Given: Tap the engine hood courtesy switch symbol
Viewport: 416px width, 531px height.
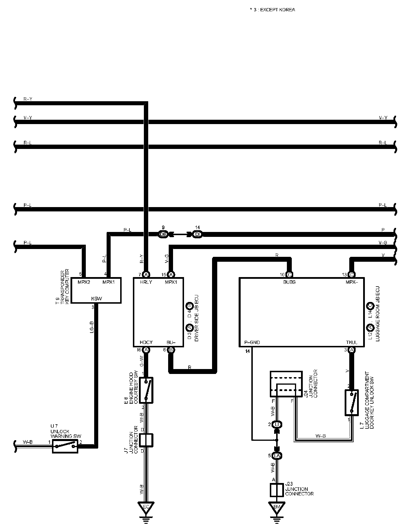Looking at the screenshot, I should (x=146, y=390).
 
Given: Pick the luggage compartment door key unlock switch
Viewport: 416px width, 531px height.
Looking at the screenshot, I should (x=352, y=403).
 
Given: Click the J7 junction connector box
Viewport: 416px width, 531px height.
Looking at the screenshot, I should (x=146, y=440).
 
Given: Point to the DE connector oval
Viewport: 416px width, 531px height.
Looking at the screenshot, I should (x=163, y=234).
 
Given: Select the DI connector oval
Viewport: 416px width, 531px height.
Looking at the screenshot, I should (x=198, y=234).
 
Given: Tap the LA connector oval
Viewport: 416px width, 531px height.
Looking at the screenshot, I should (x=277, y=456).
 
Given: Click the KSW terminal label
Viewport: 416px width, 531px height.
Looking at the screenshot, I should (x=96, y=299).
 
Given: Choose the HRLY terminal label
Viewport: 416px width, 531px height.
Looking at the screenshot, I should (x=146, y=282).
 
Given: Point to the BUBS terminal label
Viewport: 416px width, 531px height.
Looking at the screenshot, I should (x=289, y=282).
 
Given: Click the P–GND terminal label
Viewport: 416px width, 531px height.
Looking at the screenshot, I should (x=252, y=342).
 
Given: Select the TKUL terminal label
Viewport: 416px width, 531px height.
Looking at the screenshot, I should (x=352, y=342).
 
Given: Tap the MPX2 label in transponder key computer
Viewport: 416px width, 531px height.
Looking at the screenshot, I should (x=84, y=282).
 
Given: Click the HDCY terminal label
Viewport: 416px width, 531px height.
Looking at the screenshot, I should (x=146, y=342).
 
